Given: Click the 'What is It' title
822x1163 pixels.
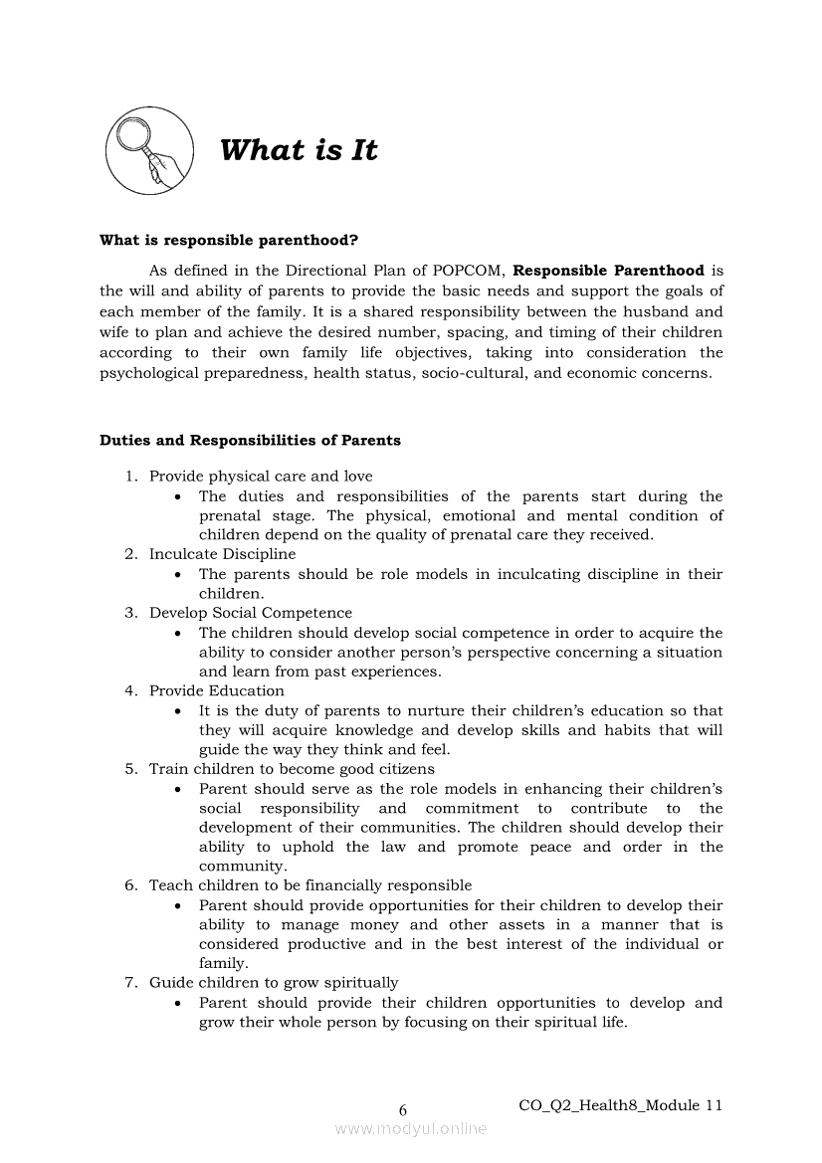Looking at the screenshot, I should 299,151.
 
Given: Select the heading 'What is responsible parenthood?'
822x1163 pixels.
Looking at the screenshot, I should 229,241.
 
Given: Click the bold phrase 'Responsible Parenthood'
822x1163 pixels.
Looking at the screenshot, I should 608,271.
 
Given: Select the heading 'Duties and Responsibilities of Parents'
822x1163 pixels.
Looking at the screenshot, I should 250,440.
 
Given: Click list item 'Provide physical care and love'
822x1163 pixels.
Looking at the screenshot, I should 261,477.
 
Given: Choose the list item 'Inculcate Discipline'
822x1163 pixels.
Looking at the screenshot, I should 222,554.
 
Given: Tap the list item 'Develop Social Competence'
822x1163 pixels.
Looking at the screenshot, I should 251,613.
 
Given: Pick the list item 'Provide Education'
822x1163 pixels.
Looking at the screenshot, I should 216,690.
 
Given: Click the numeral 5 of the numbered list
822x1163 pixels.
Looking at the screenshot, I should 130,769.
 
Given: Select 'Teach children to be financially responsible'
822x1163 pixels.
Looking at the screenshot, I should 310,885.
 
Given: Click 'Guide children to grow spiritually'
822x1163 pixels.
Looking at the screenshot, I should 274,983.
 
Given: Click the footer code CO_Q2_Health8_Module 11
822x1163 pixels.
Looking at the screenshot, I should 620,1105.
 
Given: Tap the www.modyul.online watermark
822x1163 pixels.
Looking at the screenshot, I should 411,1129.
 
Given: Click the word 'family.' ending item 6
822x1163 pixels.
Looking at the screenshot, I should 224,964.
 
